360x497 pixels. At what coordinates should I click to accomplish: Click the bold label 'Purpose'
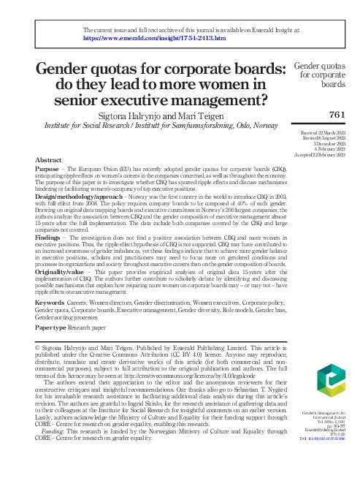click(47, 168)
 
